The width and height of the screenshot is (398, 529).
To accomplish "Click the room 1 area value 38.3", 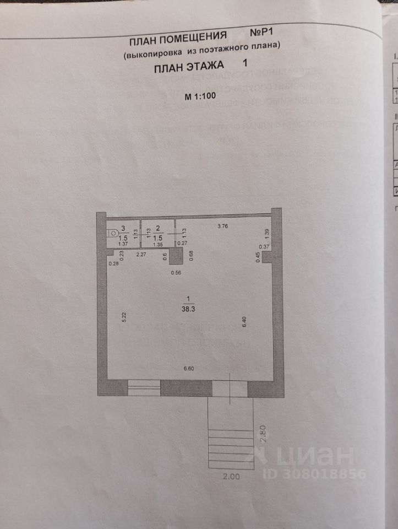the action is point(189,309).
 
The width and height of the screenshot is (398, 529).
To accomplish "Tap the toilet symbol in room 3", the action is point(113,234).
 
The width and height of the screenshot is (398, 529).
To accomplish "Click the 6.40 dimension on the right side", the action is point(244,322).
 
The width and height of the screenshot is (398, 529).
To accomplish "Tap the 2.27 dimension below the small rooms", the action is point(141,255).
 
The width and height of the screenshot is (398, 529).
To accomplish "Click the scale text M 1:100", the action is point(200,96).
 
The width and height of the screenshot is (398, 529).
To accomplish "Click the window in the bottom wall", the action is point(144,388).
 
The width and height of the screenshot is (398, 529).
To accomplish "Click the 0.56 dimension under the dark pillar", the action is point(176,273).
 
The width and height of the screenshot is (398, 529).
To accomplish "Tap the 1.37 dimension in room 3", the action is point(123,244).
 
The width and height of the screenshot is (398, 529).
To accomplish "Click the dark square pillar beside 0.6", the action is point(177,256).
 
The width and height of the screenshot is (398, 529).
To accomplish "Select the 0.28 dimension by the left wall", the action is point(114,263).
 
